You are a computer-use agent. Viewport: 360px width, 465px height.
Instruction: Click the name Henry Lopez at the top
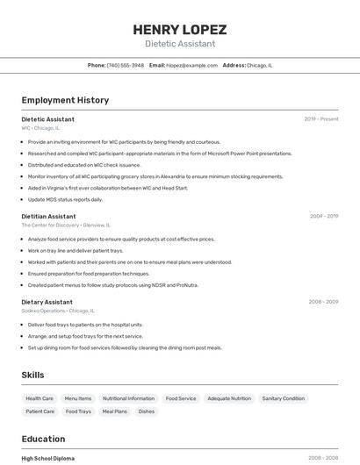[180, 29]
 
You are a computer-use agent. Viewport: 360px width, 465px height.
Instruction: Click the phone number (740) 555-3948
[126, 65]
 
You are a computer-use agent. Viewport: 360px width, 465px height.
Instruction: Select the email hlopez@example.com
[190, 65]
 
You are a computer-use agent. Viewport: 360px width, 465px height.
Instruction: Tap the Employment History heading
[65, 100]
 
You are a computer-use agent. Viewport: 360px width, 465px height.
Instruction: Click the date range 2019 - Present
[321, 119]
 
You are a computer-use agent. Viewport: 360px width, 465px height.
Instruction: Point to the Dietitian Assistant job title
[49, 216]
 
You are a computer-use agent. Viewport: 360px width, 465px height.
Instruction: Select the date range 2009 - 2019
[324, 216]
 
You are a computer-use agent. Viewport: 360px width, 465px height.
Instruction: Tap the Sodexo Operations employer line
[58, 311]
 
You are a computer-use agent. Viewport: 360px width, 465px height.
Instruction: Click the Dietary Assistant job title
[47, 302]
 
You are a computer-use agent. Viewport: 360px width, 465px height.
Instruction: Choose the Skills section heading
[32, 375]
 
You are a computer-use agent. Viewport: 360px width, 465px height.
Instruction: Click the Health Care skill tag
[40, 398]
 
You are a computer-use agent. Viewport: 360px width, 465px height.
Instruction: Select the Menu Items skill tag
[78, 398]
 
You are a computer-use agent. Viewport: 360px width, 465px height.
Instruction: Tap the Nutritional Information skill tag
[128, 398]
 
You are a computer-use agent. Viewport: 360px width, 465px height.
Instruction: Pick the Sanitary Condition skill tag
[284, 398]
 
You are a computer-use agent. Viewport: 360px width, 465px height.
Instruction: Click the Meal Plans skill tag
[114, 411]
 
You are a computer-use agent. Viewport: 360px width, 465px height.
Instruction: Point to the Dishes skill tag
[146, 411]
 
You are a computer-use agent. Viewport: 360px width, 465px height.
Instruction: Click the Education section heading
[43, 439]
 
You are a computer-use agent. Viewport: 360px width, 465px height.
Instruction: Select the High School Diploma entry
[48, 458]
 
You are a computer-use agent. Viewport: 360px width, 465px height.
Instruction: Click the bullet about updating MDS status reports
[65, 199]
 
